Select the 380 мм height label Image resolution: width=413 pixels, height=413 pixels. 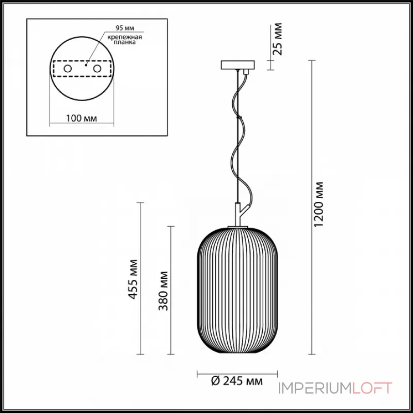coord(164,290)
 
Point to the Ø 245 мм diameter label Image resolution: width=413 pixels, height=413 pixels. coord(237,382)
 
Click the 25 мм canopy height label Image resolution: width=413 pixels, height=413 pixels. coord(278,39)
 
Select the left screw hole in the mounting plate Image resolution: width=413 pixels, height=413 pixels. coord(68,68)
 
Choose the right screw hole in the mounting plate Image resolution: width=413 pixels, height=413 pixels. coord(97,68)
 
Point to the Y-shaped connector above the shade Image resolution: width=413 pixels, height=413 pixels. coord(240,213)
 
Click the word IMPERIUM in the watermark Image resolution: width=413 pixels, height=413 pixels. coord(314,388)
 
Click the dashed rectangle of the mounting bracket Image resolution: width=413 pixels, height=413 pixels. coord(82,76)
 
